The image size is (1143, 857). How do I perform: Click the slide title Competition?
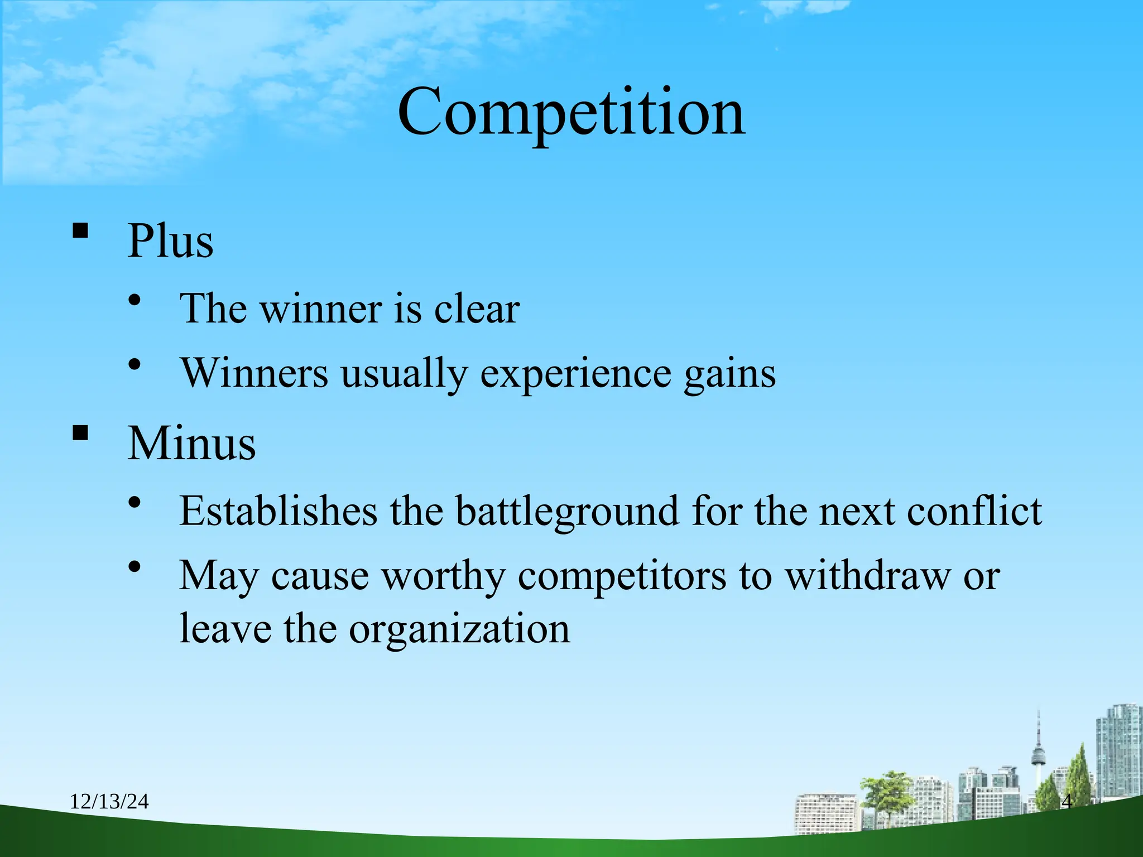pyautogui.click(x=571, y=113)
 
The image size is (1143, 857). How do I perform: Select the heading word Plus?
pyautogui.click(x=170, y=241)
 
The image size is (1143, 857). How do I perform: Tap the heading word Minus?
pyautogui.click(x=191, y=444)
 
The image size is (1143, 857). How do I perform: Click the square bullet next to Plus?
pyautogui.click(x=80, y=230)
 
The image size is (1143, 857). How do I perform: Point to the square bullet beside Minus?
pyautogui.click(x=80, y=433)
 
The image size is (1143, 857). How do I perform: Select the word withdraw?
pyautogui.click(x=868, y=576)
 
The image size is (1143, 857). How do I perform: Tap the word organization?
pyautogui.click(x=459, y=629)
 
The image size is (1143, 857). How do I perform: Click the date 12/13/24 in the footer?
pyautogui.click(x=109, y=802)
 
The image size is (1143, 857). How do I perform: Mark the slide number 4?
pyautogui.click(x=1066, y=802)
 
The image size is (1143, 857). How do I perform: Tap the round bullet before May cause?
pyautogui.click(x=135, y=567)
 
